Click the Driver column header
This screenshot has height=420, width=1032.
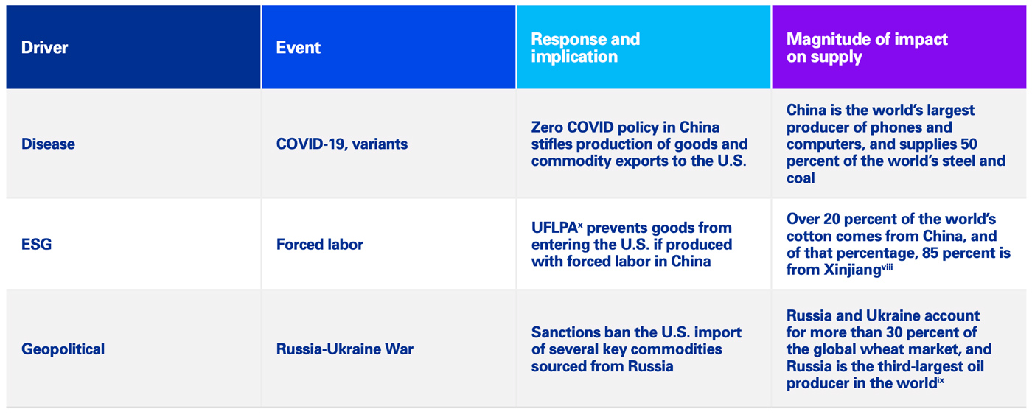[44, 48]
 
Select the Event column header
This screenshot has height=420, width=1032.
[298, 48]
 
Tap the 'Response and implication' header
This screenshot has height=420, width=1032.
[585, 47]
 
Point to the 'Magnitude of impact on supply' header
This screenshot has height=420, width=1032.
[866, 47]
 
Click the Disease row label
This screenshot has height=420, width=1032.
[48, 144]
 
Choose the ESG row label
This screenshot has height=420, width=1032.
[36, 244]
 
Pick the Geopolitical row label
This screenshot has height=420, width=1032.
[63, 349]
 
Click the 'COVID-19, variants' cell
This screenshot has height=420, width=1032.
[341, 144]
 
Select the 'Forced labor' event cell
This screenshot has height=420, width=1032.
[319, 244]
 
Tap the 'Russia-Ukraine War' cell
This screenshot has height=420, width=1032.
[344, 349]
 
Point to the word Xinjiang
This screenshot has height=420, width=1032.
[851, 270]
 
